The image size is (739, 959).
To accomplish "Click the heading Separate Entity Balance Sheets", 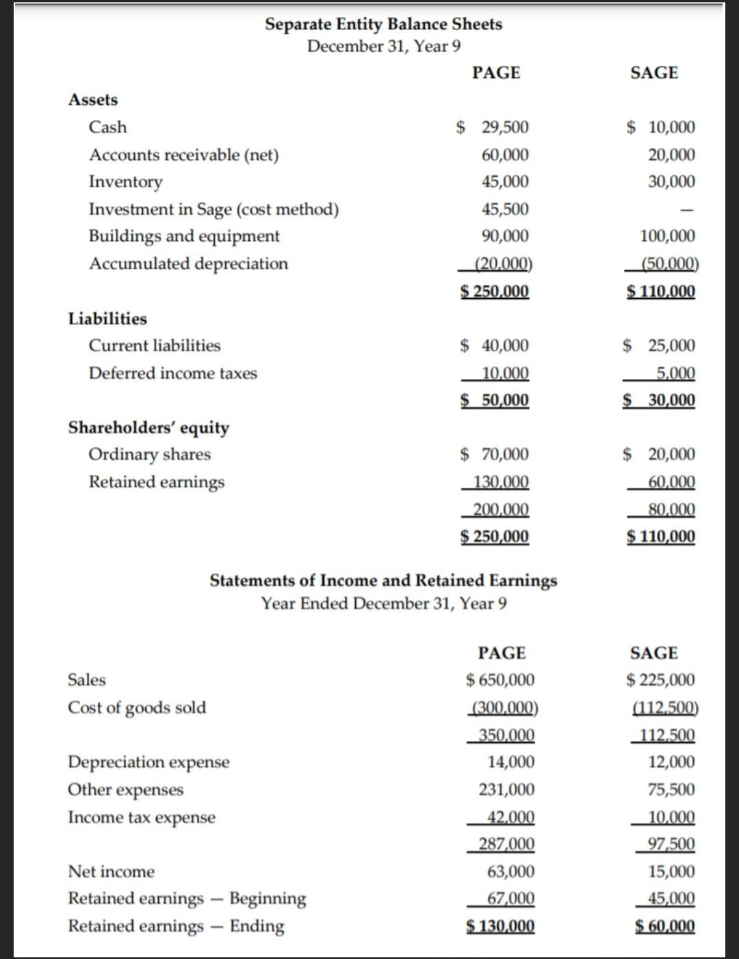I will pyautogui.click(x=383, y=24).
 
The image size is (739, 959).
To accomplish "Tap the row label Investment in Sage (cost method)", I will pyautogui.click(x=213, y=209).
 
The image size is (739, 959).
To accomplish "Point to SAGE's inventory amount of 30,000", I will pyautogui.click(x=671, y=181).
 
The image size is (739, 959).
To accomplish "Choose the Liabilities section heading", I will pyautogui.click(x=107, y=319).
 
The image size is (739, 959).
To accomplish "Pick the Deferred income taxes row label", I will pyautogui.click(x=173, y=373).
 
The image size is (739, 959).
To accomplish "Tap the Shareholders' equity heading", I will pyautogui.click(x=148, y=428).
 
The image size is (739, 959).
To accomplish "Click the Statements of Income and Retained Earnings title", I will pyautogui.click(x=383, y=581).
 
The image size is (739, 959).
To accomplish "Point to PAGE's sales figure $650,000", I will pyautogui.click(x=500, y=680).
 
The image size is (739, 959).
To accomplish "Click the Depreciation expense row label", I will pyautogui.click(x=148, y=762).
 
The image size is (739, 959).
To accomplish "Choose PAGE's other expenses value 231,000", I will pyautogui.click(x=506, y=789).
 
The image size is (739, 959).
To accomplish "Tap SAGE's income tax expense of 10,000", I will pyautogui.click(x=671, y=817).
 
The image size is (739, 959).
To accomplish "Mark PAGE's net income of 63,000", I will pyautogui.click(x=510, y=871).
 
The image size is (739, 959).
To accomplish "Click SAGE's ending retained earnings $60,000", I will pyautogui.click(x=665, y=926).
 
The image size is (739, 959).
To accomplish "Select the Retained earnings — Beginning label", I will pyautogui.click(x=187, y=898).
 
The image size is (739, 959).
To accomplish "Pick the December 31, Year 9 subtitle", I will pyautogui.click(x=383, y=47).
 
